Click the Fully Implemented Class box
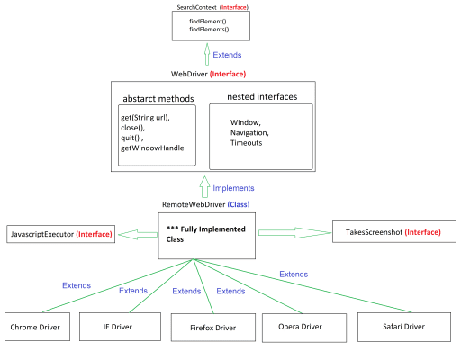coord(206,235)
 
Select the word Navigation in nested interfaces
coord(249,132)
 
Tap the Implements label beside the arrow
coord(233,188)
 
